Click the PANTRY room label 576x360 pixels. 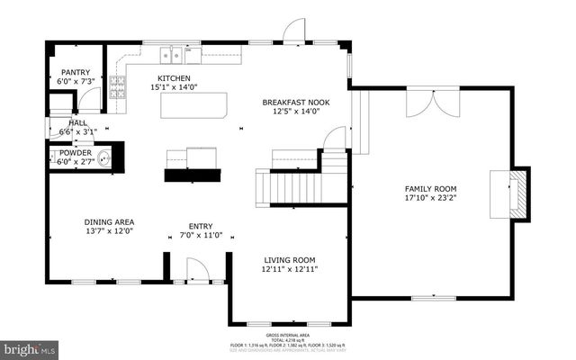pyautogui.click(x=76, y=73)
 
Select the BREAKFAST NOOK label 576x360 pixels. pyautogui.click(x=295, y=103)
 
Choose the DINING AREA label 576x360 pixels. pyautogui.click(x=109, y=222)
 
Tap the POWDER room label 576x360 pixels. pyautogui.click(x=75, y=152)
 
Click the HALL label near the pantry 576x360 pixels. pyautogui.click(x=77, y=122)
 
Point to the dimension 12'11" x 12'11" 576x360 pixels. pyautogui.click(x=289, y=267)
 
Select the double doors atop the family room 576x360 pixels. pyautogui.click(x=425, y=103)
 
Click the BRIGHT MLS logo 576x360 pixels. pyautogui.click(x=29, y=347)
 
